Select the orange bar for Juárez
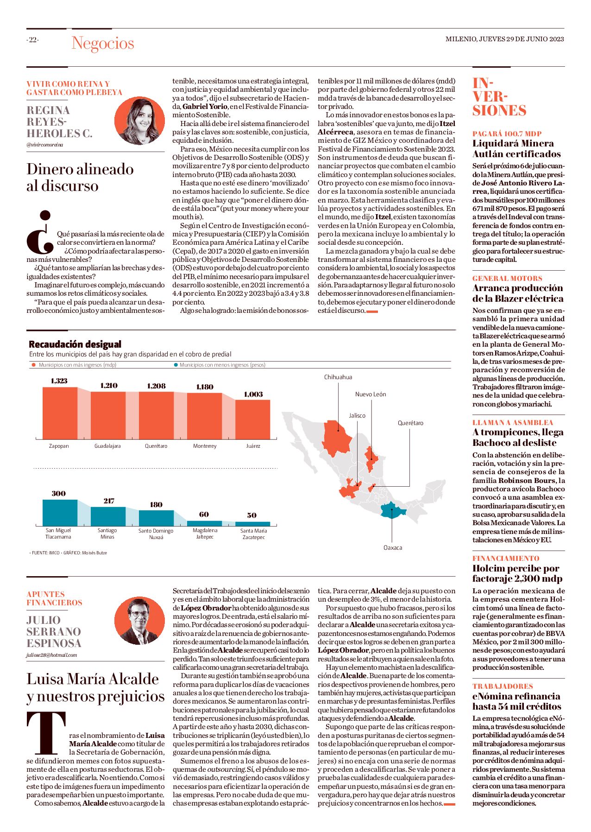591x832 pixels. [x=253, y=419]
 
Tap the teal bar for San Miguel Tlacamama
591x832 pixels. [x=60, y=512]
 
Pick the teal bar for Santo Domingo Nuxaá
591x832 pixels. [x=156, y=518]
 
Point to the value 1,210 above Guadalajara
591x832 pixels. [x=109, y=386]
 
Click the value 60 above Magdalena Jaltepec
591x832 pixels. [x=204, y=514]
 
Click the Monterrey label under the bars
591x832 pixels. [x=205, y=446]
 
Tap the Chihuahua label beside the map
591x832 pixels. [x=338, y=377]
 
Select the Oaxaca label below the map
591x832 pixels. [x=393, y=547]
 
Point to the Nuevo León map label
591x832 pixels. [x=371, y=394]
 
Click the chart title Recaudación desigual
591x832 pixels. [x=75, y=344]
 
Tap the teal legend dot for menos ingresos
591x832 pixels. [x=176, y=365]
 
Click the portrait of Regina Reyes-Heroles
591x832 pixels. [x=139, y=121]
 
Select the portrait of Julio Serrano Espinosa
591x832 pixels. [x=139, y=621]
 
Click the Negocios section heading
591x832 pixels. [x=103, y=43]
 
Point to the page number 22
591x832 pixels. [x=32, y=40]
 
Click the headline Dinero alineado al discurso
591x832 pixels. [x=80, y=177]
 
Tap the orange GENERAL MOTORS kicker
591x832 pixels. [x=507, y=278]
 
